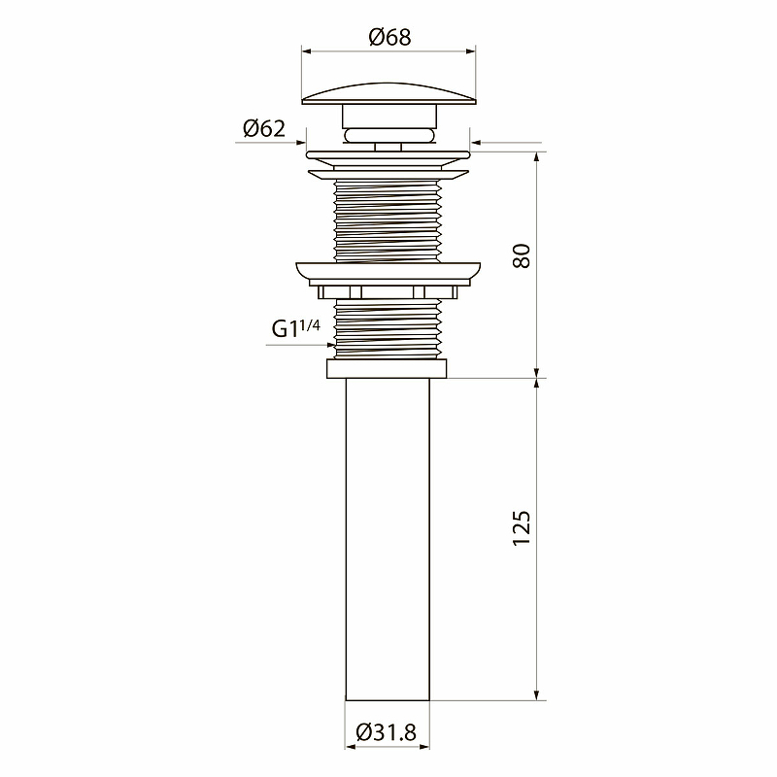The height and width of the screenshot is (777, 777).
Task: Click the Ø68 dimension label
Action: [389, 37]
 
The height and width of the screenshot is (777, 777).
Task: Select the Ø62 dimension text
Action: [264, 129]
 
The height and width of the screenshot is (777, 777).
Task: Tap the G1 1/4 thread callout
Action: [296, 328]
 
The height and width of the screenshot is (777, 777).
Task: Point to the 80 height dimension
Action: [522, 255]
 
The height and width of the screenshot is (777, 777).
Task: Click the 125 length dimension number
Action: [522, 528]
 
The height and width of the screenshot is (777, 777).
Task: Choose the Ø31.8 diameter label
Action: [387, 732]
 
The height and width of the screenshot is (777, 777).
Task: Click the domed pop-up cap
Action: [389, 94]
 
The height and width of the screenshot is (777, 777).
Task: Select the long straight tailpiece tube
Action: [388, 539]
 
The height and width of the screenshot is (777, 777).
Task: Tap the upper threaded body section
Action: [388, 221]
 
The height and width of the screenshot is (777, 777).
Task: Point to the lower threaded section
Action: [388, 329]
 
